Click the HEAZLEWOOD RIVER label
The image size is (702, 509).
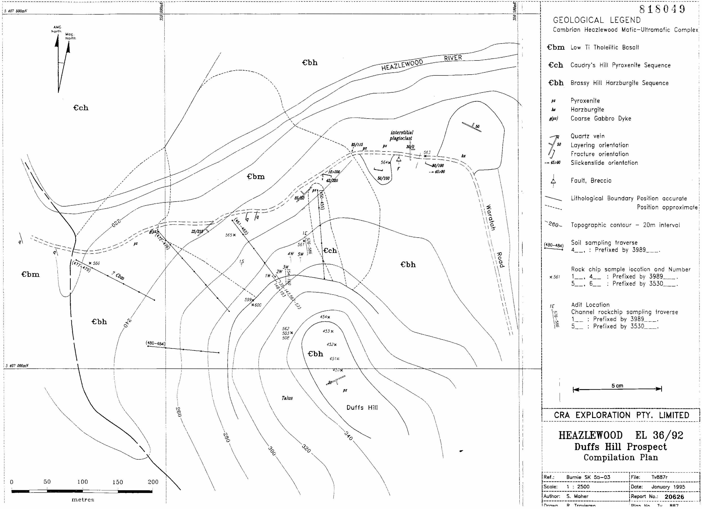click(x=421, y=62)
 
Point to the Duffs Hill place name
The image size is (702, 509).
click(x=362, y=408)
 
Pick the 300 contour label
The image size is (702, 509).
click(x=271, y=451)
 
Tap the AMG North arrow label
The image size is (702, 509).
click(x=56, y=29)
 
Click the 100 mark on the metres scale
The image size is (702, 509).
click(x=82, y=482)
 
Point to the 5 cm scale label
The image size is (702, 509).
click(x=617, y=386)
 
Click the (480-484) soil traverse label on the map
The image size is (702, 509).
click(x=155, y=344)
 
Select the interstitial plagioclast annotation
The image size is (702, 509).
click(x=401, y=135)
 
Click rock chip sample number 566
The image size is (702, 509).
click(x=96, y=263)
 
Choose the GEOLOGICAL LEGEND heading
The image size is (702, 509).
click(x=597, y=20)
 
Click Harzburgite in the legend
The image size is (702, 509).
click(x=587, y=110)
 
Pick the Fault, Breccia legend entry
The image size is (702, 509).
click(x=591, y=181)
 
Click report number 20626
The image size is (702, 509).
click(x=674, y=497)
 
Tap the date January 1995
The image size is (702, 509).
click(x=668, y=487)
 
